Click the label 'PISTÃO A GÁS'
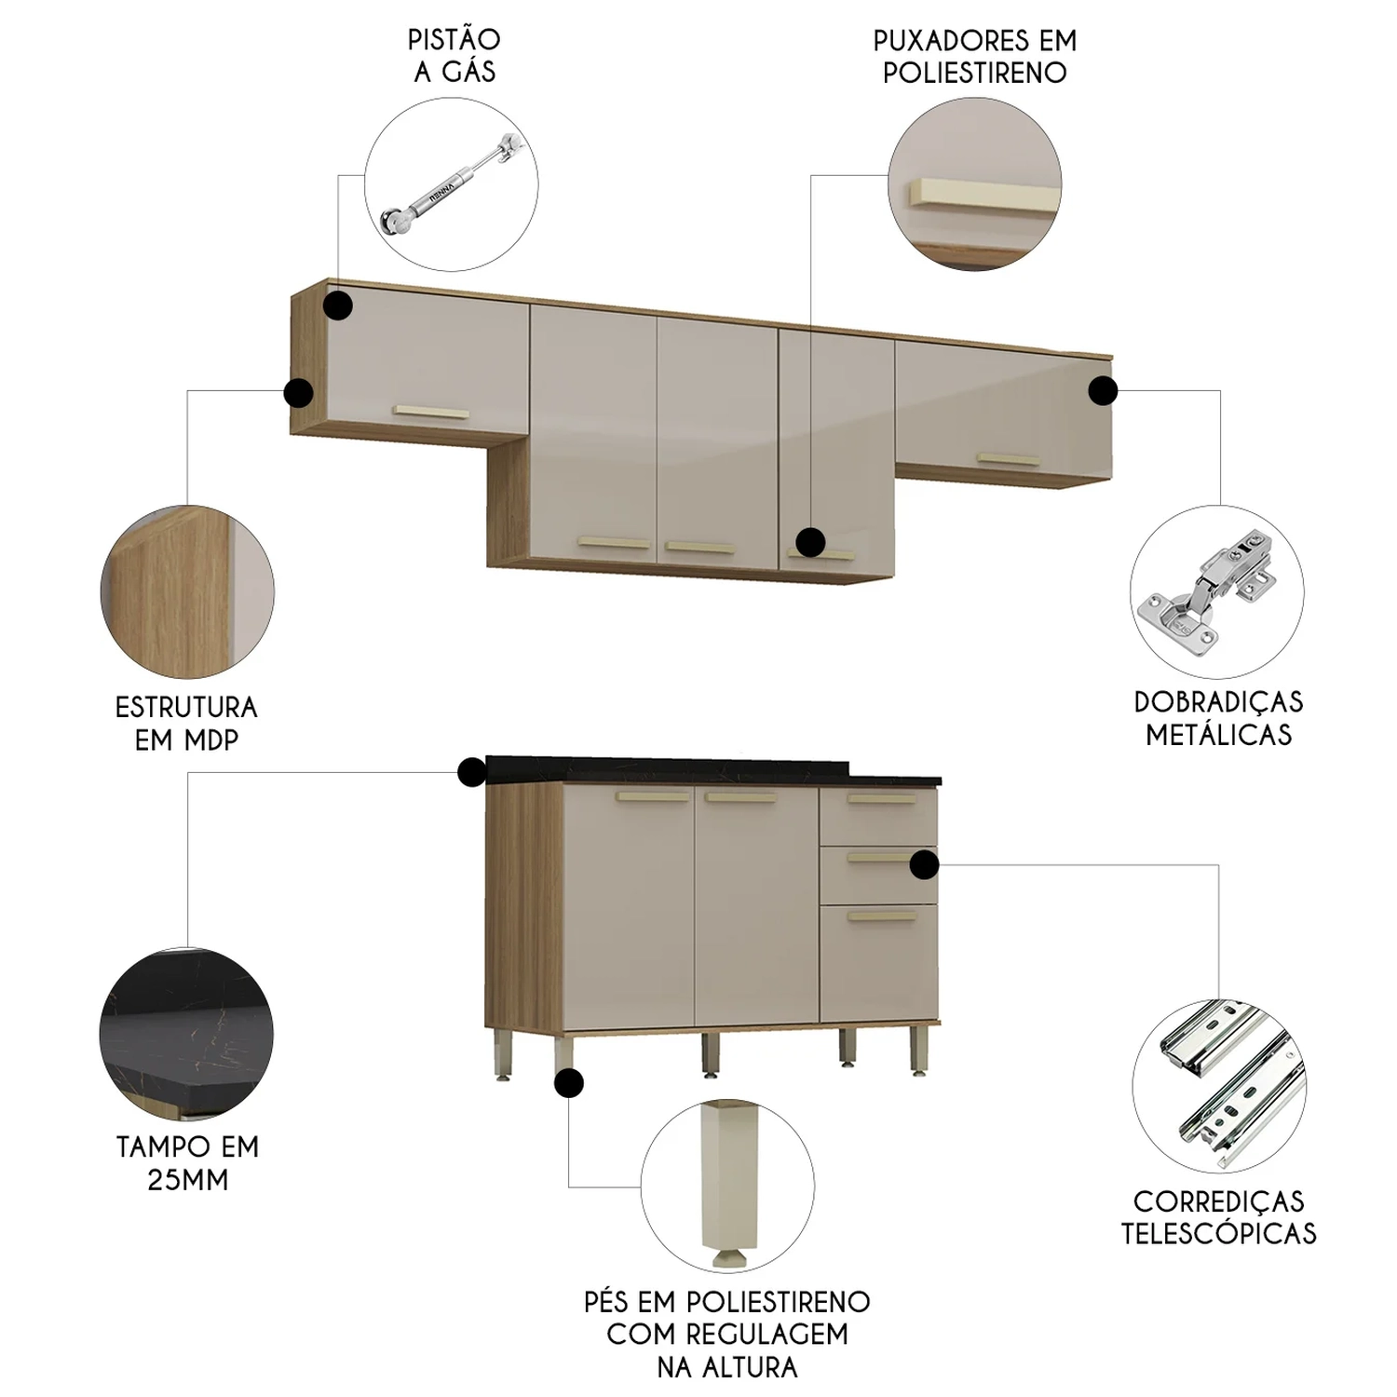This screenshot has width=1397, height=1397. click(x=454, y=56)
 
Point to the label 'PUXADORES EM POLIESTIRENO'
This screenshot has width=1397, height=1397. click(x=975, y=57)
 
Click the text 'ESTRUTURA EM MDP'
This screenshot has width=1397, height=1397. click(x=186, y=724)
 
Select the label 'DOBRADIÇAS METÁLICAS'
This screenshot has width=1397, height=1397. click(x=1219, y=718)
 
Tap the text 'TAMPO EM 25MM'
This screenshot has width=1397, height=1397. click(x=187, y=1163)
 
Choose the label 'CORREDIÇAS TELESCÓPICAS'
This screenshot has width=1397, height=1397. click(x=1219, y=1217)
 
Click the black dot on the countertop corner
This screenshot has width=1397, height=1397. click(x=472, y=772)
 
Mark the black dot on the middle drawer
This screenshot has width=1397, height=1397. click(x=924, y=865)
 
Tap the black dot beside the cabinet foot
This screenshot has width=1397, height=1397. click(x=568, y=1083)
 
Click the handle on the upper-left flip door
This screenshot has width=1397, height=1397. click(x=431, y=412)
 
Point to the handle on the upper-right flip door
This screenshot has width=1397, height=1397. click(x=1008, y=459)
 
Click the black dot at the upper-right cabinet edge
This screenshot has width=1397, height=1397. click(x=1103, y=391)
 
